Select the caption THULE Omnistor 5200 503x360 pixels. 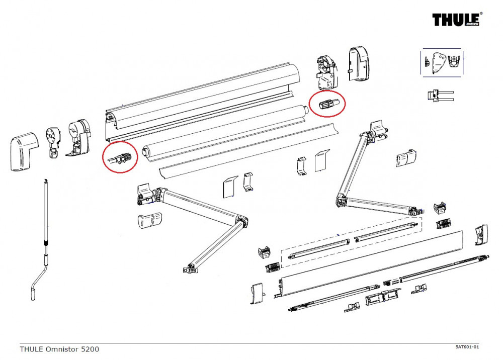coord(59,348)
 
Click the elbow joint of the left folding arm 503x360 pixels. coord(240,222)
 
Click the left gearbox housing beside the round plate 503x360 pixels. coord(79,136)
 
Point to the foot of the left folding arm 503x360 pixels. coord(191,269)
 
